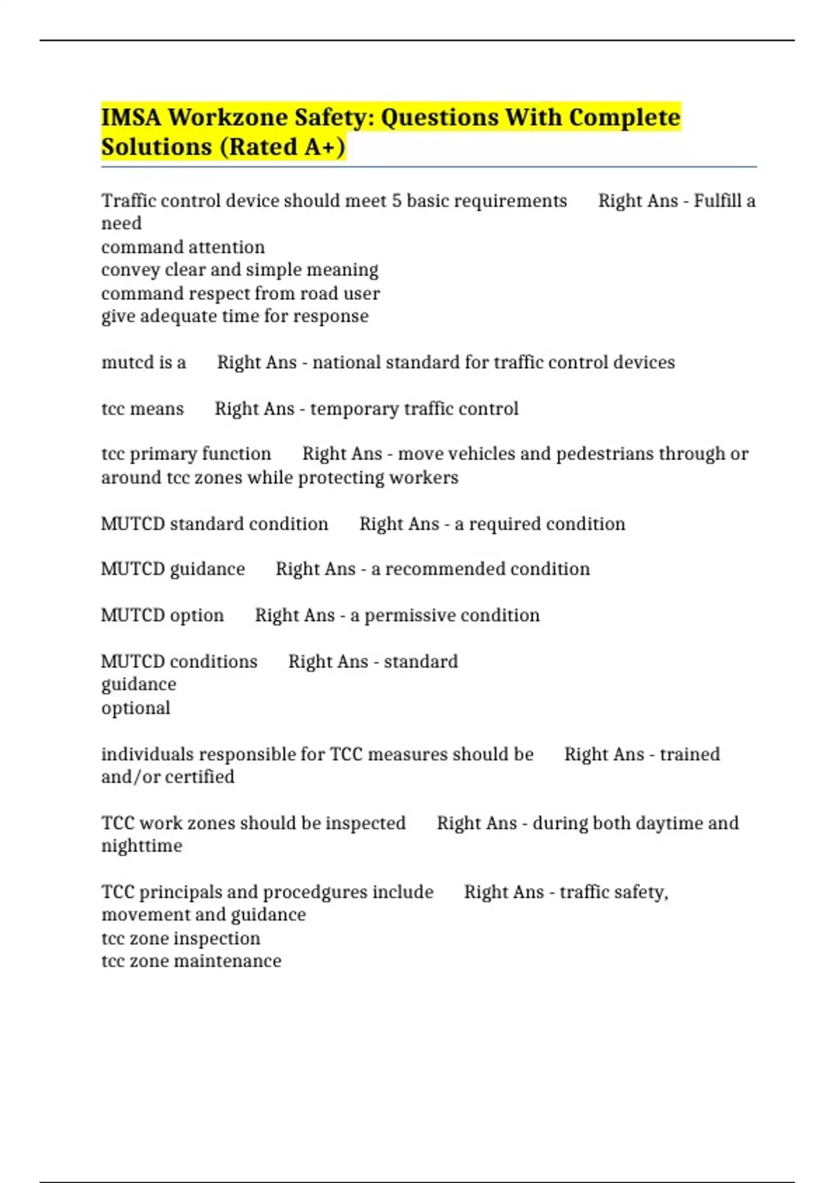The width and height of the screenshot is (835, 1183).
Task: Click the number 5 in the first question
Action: click(396, 201)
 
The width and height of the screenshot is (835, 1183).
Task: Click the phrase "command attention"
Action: click(183, 247)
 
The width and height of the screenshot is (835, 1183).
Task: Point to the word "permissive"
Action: click(408, 615)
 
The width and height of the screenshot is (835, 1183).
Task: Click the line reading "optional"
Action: click(136, 708)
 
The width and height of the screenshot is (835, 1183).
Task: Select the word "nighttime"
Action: click(142, 846)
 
